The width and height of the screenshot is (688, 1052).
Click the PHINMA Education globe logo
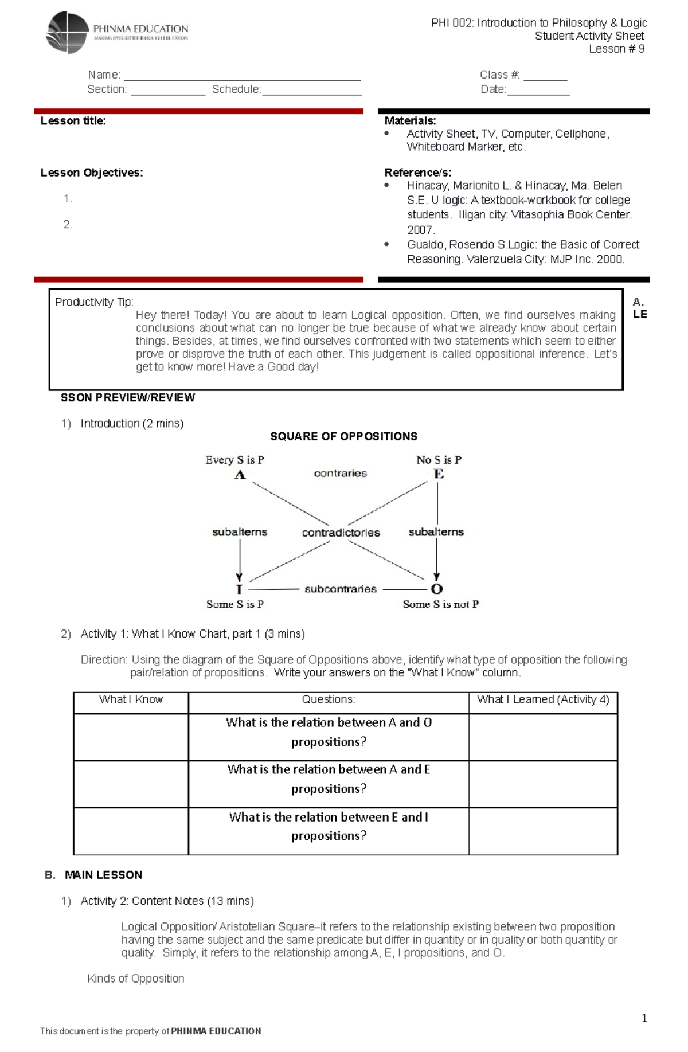coord(68,32)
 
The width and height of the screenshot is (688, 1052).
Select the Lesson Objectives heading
coord(92,173)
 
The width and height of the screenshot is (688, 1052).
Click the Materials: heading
coord(410,121)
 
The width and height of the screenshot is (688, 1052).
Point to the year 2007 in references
coord(421,230)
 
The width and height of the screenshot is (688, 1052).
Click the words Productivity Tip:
coord(94,302)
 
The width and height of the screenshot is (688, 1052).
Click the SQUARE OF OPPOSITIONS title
coord(343,436)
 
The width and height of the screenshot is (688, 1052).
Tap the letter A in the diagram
coord(240,475)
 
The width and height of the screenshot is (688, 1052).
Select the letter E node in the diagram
coord(439,474)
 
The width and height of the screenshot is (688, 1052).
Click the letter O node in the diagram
coord(437,589)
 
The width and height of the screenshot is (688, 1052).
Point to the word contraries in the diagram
coord(340,473)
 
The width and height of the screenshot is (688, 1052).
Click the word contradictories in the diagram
coord(341,533)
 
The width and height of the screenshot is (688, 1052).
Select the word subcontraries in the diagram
coord(341,589)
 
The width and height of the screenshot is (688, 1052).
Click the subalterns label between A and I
coord(240,532)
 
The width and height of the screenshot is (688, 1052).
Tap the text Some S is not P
coord(440,604)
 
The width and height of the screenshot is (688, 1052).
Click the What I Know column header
coord(131,699)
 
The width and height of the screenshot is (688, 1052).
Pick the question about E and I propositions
coord(329,826)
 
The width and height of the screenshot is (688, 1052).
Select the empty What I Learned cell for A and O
coord(542,737)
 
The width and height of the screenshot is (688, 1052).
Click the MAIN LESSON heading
coord(103,875)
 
